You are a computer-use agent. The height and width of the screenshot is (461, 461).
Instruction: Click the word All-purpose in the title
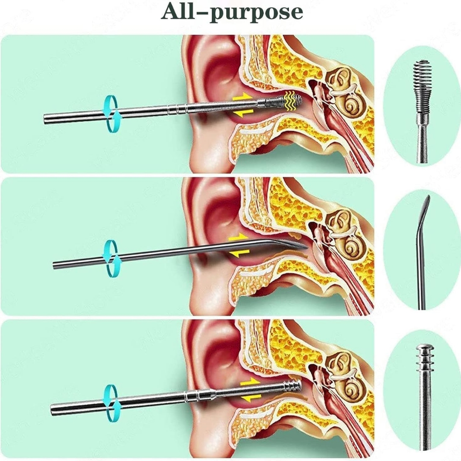click(231, 13)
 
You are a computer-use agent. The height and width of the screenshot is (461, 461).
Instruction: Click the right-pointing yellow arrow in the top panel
click(241, 98)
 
